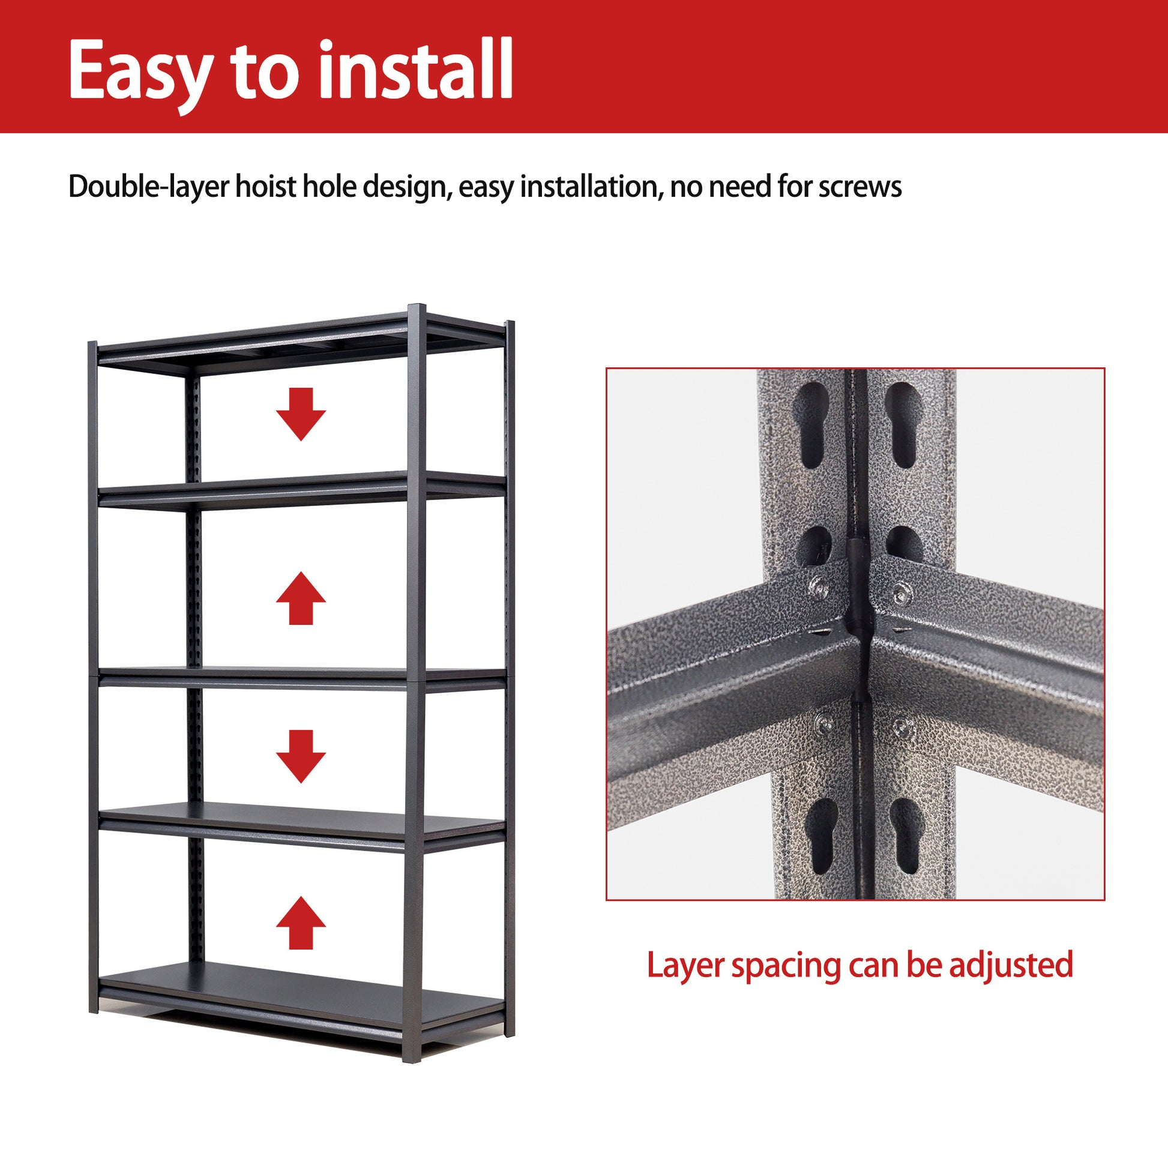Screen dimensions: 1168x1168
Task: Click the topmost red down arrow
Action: [x=301, y=414]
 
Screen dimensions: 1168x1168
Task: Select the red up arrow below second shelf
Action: [x=301, y=598]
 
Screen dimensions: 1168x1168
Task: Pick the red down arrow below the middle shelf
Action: [x=301, y=756]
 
